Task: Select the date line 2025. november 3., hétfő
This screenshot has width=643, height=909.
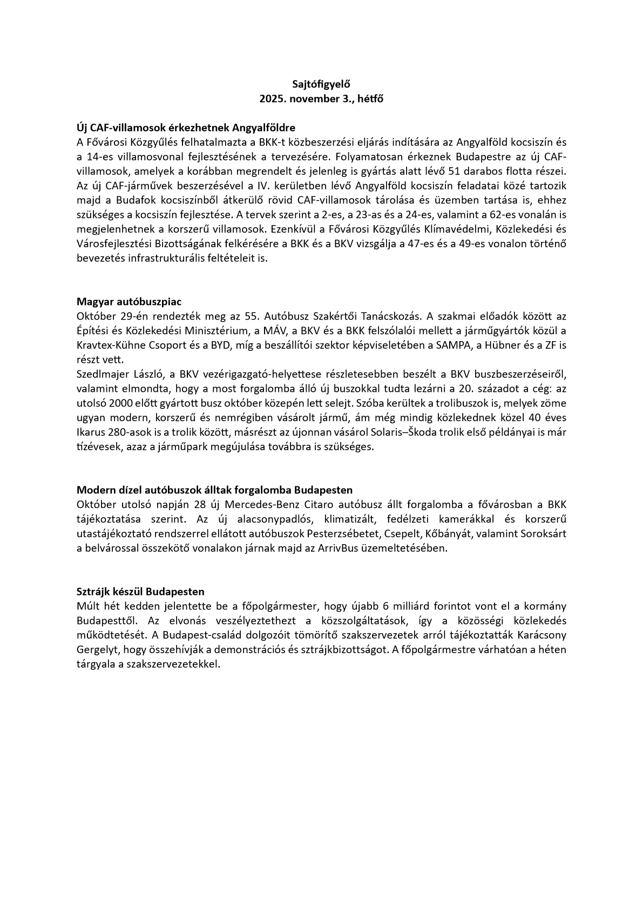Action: (321, 99)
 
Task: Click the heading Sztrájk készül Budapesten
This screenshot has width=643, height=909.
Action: (140, 592)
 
